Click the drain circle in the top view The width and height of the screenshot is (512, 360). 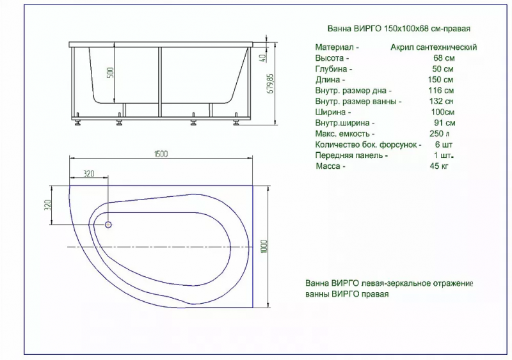pos(108,224)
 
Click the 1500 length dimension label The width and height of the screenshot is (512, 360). pos(161,153)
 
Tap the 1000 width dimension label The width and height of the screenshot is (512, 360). pos(264,246)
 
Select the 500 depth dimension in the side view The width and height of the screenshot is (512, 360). pos(110,72)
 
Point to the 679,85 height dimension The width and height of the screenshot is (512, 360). pos(271,84)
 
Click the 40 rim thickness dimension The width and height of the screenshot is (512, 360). pos(262,58)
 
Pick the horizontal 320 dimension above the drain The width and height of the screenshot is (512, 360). pos(88,174)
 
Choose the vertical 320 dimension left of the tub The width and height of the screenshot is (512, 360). pos(47,205)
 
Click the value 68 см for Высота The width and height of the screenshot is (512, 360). pos(444,58)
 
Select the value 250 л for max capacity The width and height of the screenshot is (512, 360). pos(440,134)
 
